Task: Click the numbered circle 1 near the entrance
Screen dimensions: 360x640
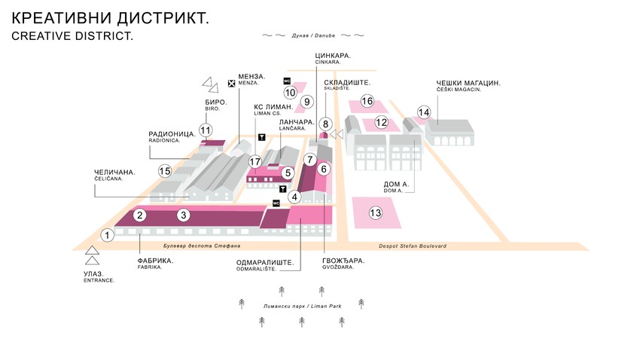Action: coord(108,236)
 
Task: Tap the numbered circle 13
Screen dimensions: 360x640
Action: coord(376,213)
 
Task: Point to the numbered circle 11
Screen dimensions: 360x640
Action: coord(205,129)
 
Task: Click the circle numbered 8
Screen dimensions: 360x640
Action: coord(325,124)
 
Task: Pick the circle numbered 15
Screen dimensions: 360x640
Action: coord(165,171)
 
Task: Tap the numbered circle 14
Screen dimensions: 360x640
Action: coord(424,112)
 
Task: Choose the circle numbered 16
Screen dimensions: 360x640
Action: coord(367,101)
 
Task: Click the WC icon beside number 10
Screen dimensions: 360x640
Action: coord(287,81)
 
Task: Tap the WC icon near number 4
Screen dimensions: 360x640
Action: coord(276,203)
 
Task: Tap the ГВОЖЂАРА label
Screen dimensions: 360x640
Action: coord(343,261)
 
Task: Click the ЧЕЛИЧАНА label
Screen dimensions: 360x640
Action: coord(114,172)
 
